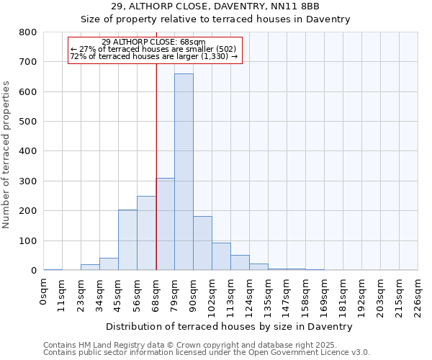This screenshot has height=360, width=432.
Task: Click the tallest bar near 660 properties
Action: coord(184,173)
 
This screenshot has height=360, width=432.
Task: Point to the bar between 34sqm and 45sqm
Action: coord(109,264)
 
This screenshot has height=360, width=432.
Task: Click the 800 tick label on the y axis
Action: coord(28,32)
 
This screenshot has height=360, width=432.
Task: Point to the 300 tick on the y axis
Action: coord(28,181)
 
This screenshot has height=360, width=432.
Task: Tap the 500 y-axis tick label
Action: coord(28,122)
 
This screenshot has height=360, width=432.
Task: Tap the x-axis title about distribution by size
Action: coord(229,327)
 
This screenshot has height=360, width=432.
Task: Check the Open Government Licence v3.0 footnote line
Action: coord(206,353)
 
